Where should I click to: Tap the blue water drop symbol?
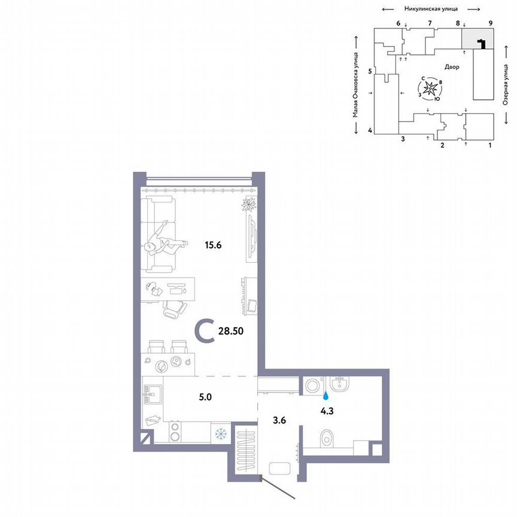pos(326,396)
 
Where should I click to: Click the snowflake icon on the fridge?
pos(221,432)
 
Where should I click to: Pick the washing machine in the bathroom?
pos(312,386)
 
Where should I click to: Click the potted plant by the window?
pos(249,204)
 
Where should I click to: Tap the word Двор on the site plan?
pos(452,68)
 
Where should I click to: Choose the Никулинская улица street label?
pos(431,9)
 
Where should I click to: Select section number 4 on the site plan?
pos(370,130)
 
